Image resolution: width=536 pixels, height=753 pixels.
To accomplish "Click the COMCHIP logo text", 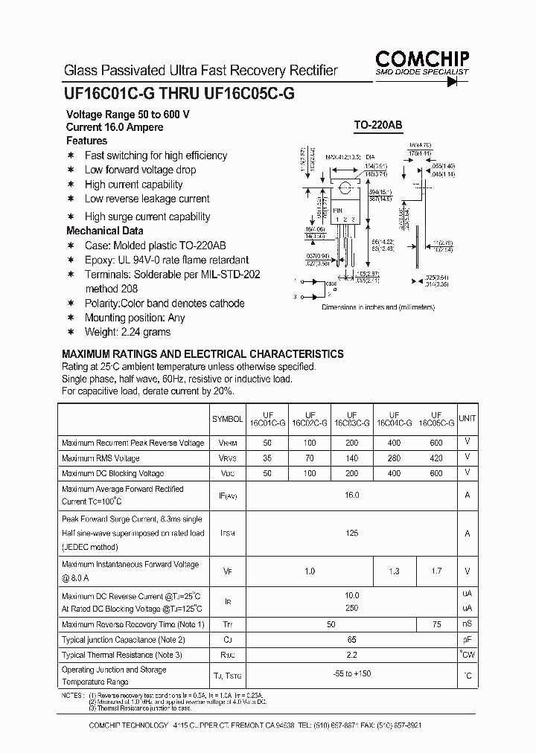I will point(422,58).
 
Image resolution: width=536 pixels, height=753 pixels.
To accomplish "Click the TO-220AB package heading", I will point(377,126).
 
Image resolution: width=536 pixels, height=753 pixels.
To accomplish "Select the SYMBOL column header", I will point(227,420).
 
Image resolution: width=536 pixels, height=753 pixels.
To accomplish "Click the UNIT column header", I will point(467,419).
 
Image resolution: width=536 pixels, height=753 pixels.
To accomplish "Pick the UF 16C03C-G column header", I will point(351,420).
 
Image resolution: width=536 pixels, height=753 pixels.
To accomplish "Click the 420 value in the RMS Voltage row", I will point(436,458).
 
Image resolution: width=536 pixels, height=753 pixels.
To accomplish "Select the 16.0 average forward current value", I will point(352,495).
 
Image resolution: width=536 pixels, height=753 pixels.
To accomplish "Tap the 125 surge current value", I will point(352,533).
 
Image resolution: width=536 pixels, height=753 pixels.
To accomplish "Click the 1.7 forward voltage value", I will point(436,571).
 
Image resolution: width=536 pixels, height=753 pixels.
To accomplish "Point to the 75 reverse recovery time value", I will point(436,624).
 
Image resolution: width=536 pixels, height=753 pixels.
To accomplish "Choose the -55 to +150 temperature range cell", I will point(352,675).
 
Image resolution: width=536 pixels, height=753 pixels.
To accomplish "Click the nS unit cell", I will point(467,624).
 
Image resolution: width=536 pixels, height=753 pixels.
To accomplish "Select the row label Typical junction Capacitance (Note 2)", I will point(124,639).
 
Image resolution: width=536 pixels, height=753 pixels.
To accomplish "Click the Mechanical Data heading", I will point(105,231).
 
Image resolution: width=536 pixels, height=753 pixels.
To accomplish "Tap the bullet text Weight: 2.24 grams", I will point(127,332).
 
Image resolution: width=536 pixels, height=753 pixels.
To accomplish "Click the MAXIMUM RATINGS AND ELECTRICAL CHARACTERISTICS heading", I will point(202,354).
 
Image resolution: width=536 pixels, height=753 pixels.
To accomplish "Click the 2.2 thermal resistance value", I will point(352,655).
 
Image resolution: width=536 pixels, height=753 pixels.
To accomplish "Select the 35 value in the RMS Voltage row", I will point(267,458).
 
